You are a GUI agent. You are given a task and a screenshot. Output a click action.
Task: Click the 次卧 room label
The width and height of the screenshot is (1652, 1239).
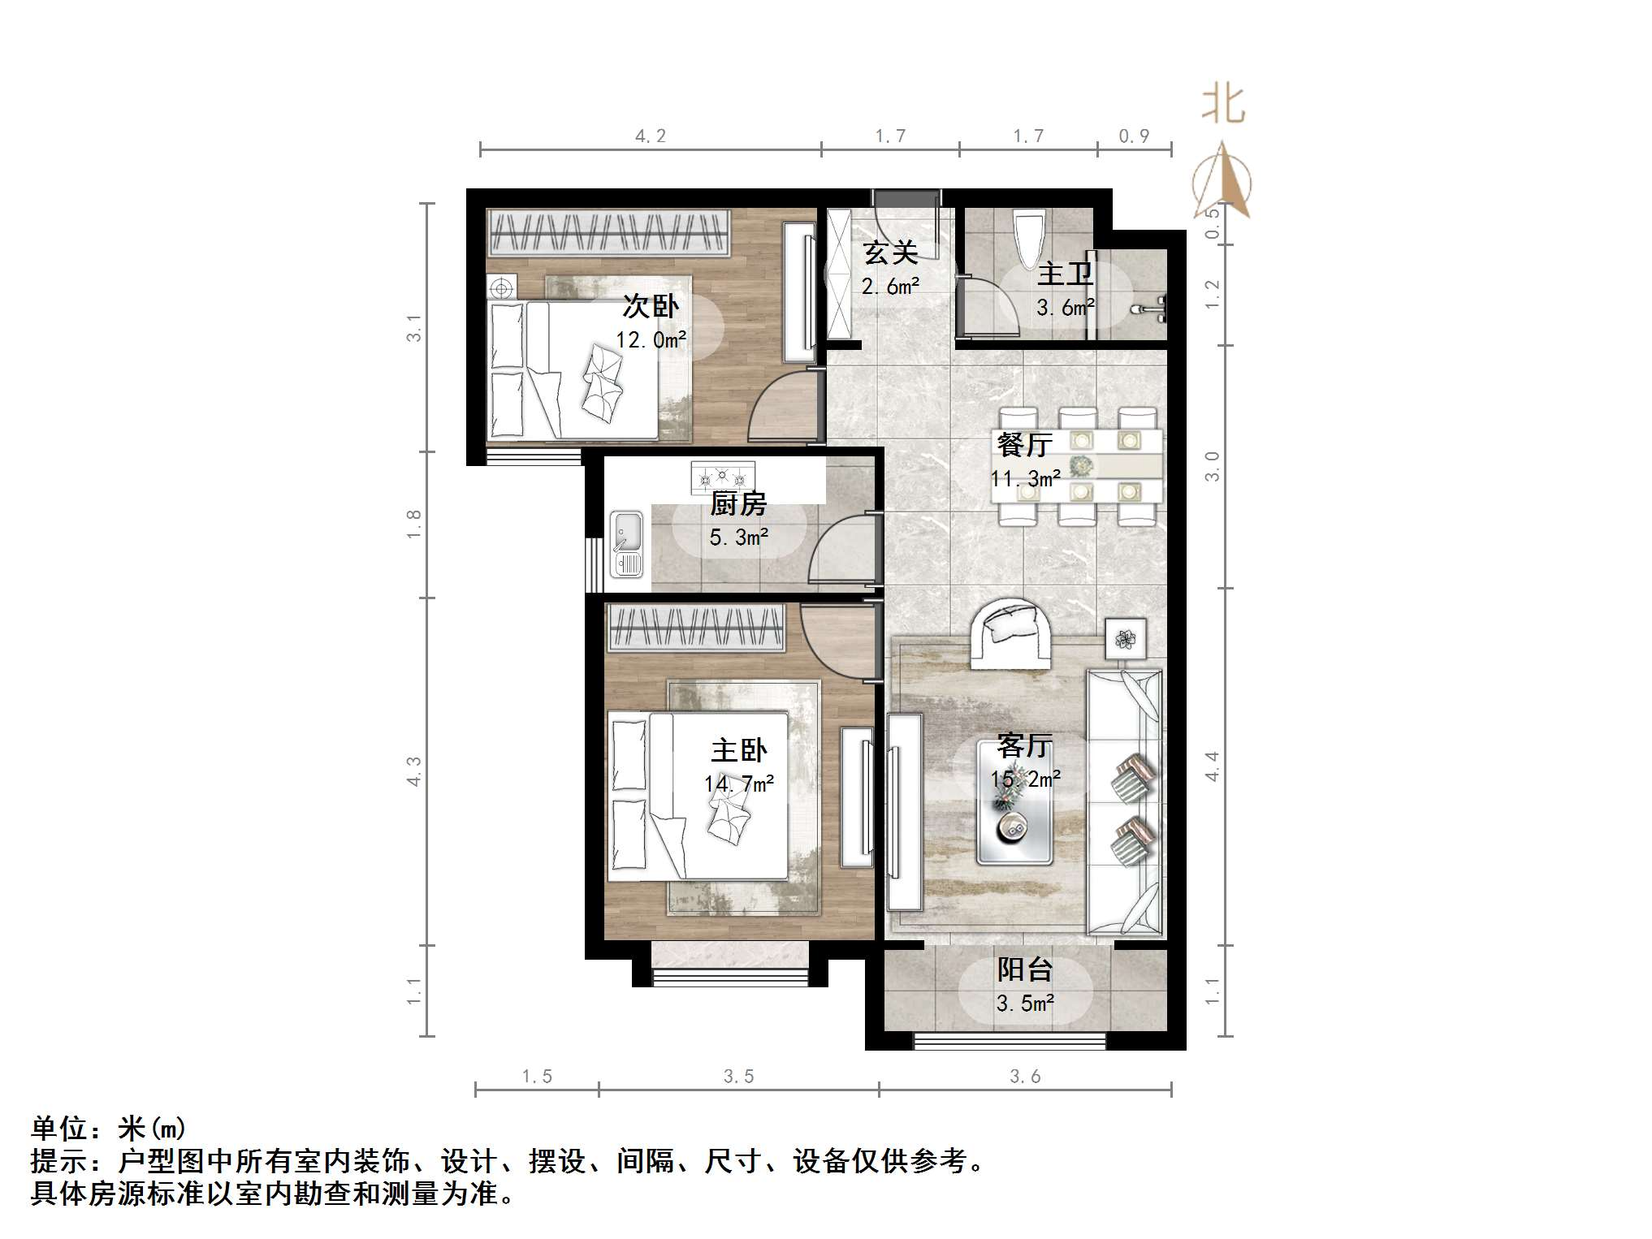pos(651,307)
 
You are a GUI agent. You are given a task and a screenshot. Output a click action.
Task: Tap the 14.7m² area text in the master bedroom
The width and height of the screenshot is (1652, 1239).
pos(739,784)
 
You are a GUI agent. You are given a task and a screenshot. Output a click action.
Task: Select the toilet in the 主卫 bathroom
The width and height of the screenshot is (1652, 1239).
pos(1029,236)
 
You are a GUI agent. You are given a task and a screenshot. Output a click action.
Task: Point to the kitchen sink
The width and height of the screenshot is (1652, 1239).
pos(626,542)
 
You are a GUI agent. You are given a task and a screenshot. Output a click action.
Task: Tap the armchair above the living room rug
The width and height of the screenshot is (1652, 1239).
pos(1010,633)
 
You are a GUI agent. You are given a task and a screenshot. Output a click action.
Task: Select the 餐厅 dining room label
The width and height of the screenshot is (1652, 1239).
pos(1024,445)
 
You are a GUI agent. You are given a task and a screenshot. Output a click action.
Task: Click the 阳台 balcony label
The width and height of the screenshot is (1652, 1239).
pos(1024,969)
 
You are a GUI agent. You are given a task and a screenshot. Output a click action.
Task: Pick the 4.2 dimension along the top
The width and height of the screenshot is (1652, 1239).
pos(651,136)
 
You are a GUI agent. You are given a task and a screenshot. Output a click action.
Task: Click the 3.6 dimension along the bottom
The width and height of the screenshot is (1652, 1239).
pos(1025,1077)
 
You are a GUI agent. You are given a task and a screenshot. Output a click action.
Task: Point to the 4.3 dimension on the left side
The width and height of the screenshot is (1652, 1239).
pos(414,771)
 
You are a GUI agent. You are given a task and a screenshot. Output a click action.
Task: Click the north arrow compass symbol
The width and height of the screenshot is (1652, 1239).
pos(1222,183)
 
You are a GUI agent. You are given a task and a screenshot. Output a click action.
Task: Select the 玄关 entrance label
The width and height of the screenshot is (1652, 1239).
pos(891,253)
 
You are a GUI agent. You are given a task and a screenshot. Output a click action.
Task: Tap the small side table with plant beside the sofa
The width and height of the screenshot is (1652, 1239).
pos(1126,639)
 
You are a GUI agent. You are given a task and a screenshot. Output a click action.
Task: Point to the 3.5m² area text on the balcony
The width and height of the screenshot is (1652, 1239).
pos(1025,1004)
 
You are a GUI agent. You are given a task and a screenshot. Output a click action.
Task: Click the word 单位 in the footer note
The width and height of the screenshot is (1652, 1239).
pos(60,1129)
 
